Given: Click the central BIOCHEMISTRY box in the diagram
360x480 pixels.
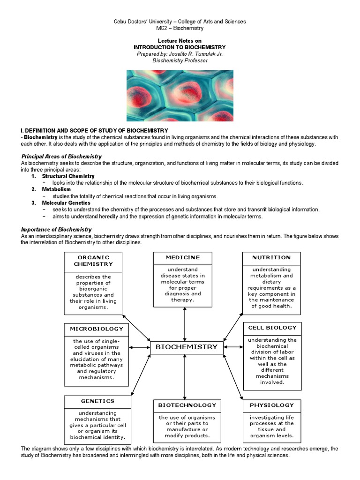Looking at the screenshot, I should tap(186, 347).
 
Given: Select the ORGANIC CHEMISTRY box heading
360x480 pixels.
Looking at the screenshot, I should tap(93, 261).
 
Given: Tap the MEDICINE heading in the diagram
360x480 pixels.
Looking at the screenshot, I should tap(182, 258).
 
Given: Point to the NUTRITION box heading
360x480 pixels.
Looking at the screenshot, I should tap(271, 258).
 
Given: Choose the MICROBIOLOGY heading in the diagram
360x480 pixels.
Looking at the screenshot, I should tap(97, 329).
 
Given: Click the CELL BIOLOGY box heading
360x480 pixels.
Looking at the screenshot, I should tap(272, 328).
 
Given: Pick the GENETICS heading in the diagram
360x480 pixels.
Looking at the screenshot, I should tap(97, 401).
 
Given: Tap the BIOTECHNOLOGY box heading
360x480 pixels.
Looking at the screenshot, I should tap(187, 405).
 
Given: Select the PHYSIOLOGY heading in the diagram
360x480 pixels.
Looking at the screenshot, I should tap(271, 405).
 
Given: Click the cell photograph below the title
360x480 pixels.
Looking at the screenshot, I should tap(180, 96).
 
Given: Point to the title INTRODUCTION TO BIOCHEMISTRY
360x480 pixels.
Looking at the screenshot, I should tap(180, 47).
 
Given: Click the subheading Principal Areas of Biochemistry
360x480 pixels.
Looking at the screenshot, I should tap(61, 156).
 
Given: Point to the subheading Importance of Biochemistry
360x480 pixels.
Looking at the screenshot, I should tap(56, 229).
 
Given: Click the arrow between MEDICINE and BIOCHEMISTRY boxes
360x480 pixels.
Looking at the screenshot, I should tap(185, 324).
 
